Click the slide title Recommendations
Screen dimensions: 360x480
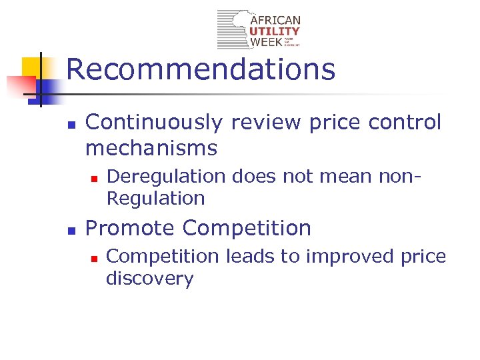click(x=201, y=69)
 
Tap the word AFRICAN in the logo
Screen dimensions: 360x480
click(x=275, y=21)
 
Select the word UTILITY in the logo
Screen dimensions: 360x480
click(x=275, y=31)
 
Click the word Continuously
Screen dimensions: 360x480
click(x=154, y=123)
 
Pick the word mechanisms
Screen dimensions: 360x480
click(x=151, y=147)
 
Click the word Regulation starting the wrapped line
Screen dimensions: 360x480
click(x=155, y=198)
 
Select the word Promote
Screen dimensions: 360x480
click(x=130, y=228)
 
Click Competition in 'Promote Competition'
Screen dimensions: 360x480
click(x=247, y=228)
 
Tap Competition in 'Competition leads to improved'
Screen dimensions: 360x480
click(x=163, y=257)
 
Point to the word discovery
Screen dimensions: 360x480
click(x=149, y=278)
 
